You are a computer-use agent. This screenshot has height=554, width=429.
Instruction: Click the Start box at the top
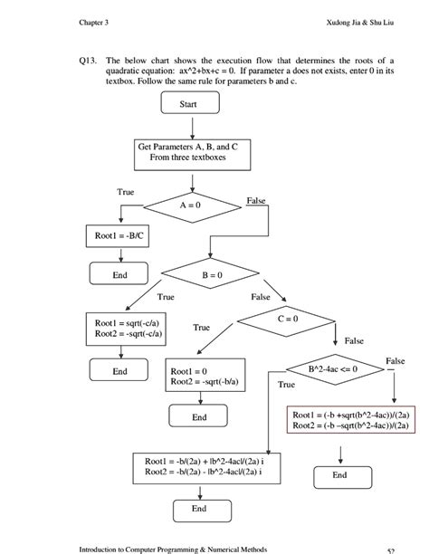coord(188,104)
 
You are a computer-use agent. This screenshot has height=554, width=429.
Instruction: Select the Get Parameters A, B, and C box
coord(187,151)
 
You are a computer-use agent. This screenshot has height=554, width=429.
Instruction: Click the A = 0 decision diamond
coord(188,206)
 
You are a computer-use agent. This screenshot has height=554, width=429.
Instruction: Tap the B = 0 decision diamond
coord(212,274)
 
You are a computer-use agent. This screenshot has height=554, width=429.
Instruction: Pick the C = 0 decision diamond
coord(287,320)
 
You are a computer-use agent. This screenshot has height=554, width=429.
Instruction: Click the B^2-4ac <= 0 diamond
coord(332,369)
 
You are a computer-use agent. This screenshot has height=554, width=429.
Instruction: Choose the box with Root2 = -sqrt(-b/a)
coord(204,377)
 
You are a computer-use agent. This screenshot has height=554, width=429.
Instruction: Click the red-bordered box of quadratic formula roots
coord(352,419)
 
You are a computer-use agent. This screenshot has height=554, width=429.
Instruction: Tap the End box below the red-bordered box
coord(339,474)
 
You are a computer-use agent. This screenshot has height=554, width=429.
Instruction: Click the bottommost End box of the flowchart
coord(199,510)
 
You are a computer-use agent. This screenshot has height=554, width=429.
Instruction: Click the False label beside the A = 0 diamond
coord(256,199)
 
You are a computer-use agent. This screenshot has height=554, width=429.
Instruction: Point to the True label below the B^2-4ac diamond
coord(287,385)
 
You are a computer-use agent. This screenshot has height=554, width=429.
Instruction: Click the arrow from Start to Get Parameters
coord(188,125)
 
